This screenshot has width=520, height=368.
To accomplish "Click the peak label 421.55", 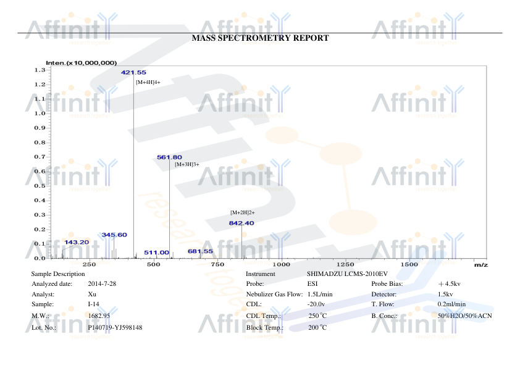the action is (x=133, y=72).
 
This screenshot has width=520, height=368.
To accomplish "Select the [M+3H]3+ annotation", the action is (x=187, y=164).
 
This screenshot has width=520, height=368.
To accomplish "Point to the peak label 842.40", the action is (x=241, y=223).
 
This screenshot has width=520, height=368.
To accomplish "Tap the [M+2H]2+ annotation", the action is (x=243, y=212).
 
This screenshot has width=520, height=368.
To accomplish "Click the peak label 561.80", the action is (x=169, y=157).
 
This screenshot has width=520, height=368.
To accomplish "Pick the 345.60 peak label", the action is (x=114, y=235).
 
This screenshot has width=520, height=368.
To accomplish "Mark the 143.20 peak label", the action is (x=77, y=242).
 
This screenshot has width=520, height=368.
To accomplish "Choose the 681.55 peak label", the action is (x=200, y=251).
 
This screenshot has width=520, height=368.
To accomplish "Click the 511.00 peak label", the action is (x=156, y=253).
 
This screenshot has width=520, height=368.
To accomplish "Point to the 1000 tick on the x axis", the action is (x=281, y=264).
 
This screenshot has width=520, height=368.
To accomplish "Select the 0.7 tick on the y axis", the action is (x=40, y=157).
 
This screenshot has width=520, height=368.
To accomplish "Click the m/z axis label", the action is (x=481, y=264).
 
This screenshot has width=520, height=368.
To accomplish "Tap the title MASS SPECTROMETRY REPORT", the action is (x=261, y=38).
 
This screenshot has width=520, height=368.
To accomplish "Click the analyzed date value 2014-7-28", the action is (x=102, y=284).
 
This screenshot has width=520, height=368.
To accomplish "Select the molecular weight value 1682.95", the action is (x=99, y=316).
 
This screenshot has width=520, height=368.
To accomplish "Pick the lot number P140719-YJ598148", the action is (x=115, y=327).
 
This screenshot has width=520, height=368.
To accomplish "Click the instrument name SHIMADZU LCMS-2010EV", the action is (x=347, y=274).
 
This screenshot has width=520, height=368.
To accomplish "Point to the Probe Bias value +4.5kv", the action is (x=449, y=284).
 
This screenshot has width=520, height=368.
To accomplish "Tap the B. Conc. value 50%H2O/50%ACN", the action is (x=464, y=316).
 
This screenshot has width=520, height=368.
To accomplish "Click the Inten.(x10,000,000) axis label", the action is (x=82, y=63).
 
